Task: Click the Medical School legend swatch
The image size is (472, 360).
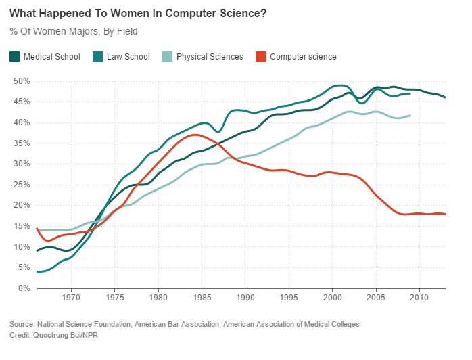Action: coord(14,57)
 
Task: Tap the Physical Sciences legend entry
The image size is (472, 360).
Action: coord(210,57)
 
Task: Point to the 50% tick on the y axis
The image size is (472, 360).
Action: coord(22,81)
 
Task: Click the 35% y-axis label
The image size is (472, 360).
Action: coord(22,143)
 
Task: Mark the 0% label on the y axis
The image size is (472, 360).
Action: coord(24,289)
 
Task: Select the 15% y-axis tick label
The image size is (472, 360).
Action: coord(22,227)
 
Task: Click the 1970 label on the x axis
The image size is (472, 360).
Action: coord(71,297)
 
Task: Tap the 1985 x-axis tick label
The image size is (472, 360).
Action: coord(202,297)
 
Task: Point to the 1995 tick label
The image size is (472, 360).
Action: coord(289,297)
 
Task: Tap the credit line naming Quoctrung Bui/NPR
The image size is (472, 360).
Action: coord(53,336)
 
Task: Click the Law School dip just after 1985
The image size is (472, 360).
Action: coord(218,131)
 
